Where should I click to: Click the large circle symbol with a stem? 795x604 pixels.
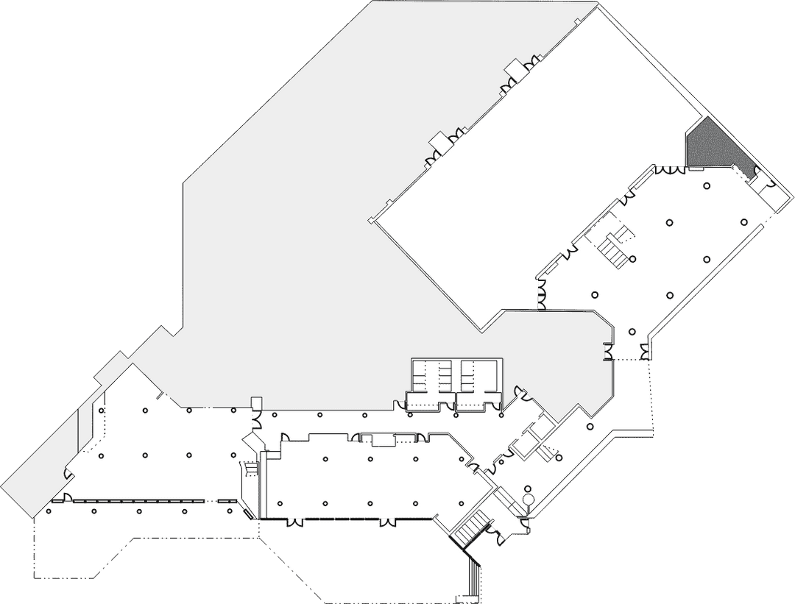pyautogui.click(x=528, y=500)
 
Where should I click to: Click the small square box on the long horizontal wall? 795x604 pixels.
pyautogui.click(x=256, y=402)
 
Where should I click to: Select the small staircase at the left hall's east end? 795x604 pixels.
pyautogui.click(x=250, y=469)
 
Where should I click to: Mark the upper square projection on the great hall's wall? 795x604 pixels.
pyautogui.click(x=513, y=67)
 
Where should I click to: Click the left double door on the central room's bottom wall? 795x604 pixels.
pyautogui.click(x=294, y=523)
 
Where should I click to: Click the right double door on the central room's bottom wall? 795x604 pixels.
pyautogui.click(x=386, y=523)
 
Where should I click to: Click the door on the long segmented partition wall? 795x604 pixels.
pyautogui.click(x=66, y=498)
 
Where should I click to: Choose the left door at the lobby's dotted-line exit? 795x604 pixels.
pyautogui.click(x=609, y=354)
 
